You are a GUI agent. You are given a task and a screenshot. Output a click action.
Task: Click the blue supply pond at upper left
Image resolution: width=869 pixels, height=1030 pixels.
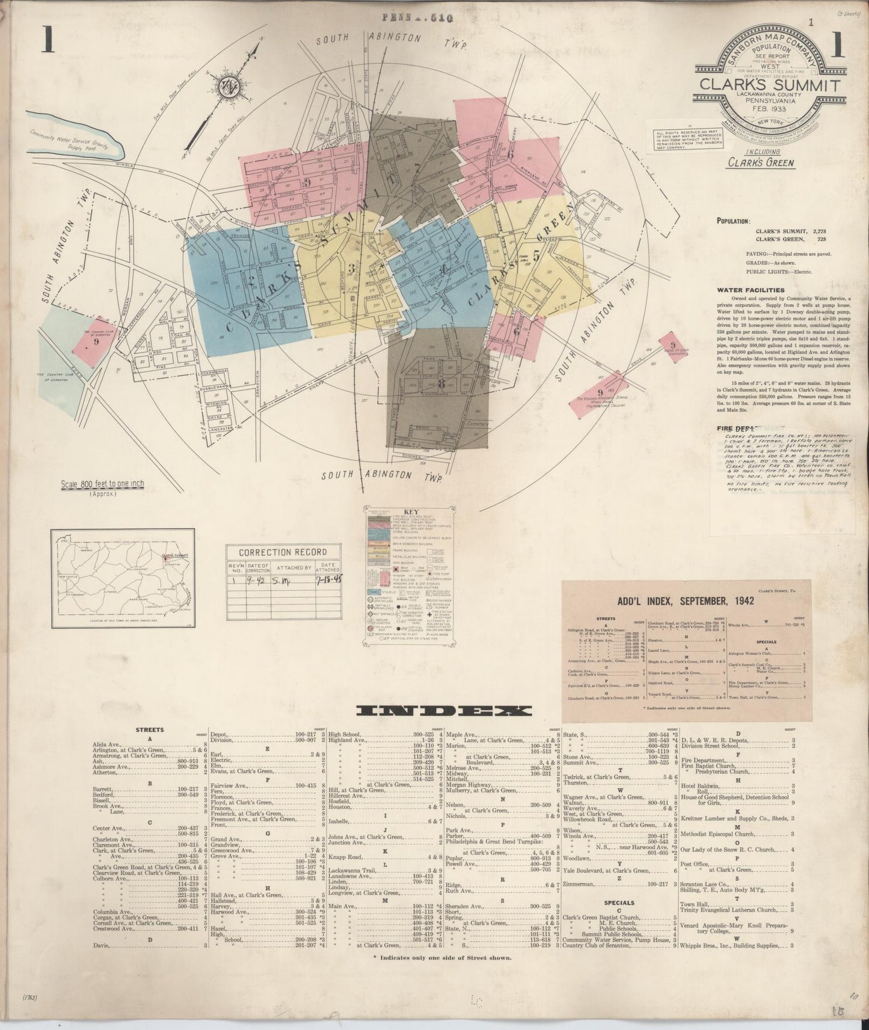click(78, 142)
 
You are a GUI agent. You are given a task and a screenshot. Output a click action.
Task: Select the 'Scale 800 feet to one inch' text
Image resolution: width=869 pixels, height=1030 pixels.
click(102, 484)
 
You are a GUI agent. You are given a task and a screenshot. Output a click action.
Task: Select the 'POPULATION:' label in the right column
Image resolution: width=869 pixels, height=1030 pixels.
click(733, 221)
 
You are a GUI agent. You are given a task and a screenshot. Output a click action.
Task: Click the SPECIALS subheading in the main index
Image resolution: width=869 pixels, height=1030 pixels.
click(619, 903)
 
